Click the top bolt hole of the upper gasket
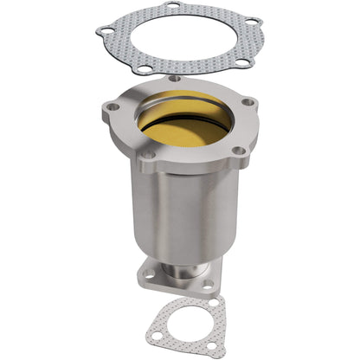(171, 5)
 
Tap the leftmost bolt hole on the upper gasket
(106, 32)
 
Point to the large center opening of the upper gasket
(183, 39)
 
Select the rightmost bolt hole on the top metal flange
(248, 102)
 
